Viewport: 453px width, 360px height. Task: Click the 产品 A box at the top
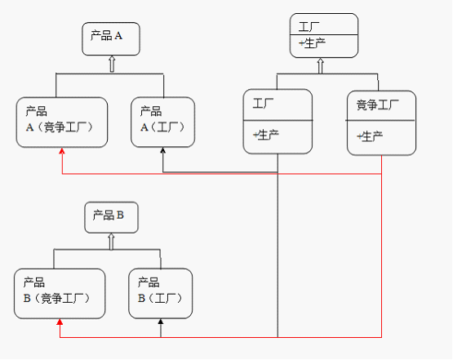[x=111, y=38]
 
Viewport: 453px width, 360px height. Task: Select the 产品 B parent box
[x=111, y=217]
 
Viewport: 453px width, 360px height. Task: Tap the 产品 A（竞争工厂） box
[x=62, y=122]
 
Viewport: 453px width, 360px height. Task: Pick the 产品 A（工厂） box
[x=162, y=122]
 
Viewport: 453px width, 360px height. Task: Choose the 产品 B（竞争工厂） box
[x=60, y=294]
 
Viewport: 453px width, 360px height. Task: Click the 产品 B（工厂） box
[x=160, y=294]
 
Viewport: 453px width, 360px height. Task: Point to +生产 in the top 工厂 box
[x=312, y=43]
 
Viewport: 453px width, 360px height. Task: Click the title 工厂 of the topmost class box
[x=309, y=27]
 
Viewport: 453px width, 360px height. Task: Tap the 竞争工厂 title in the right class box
[x=378, y=104]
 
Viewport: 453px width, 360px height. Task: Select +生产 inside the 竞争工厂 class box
[x=370, y=136]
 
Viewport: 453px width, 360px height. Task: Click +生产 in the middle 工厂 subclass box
[x=266, y=135]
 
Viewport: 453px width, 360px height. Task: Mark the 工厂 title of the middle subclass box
[x=263, y=103]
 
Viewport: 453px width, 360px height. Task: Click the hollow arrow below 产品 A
[x=112, y=64]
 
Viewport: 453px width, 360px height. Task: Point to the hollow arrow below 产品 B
[x=111, y=242]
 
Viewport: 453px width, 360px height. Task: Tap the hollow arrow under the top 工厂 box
[x=320, y=65]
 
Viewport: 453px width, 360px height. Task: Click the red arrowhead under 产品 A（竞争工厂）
[x=62, y=151]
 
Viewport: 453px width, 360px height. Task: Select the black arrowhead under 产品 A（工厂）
[x=163, y=150]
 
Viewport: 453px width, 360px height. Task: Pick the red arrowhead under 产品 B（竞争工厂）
[x=60, y=322]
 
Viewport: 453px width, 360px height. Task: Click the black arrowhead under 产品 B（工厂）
[x=161, y=322]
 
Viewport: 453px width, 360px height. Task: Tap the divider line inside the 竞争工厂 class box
[x=380, y=121]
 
